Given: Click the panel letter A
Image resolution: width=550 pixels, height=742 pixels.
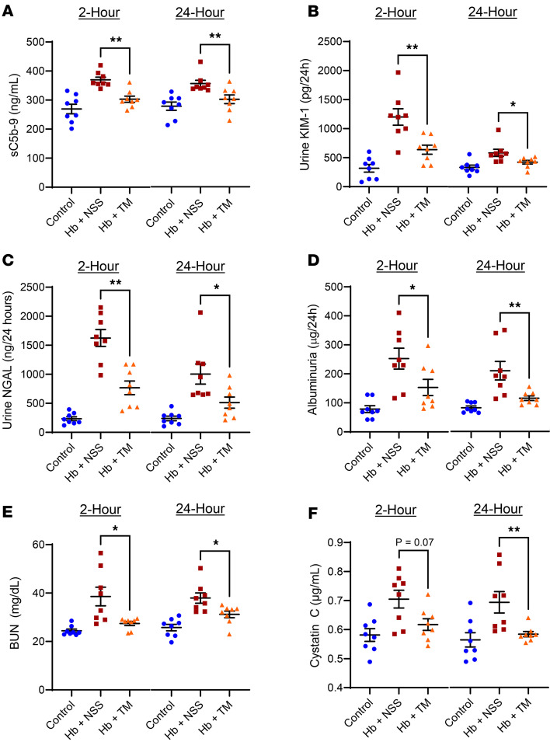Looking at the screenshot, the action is [8, 10].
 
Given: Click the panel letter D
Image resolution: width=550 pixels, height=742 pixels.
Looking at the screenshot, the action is [313, 262].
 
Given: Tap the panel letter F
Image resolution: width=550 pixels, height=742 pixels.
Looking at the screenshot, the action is [312, 513].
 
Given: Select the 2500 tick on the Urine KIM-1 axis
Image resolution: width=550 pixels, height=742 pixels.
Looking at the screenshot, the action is [329, 41].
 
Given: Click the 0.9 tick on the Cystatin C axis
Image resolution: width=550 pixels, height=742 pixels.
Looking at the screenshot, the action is [334, 542].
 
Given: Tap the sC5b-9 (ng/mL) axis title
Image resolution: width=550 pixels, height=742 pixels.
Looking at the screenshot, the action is [15, 114].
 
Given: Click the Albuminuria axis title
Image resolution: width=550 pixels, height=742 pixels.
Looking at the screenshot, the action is [312, 360].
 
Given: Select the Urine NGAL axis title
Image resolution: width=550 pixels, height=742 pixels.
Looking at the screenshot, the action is [8, 360].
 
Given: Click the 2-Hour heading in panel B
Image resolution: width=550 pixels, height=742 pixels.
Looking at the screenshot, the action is [395, 12].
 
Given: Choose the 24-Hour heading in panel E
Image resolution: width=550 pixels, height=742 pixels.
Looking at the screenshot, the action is [200, 509].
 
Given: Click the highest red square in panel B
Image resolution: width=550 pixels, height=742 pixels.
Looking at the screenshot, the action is [398, 72].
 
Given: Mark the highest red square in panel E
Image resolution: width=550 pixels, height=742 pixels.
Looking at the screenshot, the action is [101, 552].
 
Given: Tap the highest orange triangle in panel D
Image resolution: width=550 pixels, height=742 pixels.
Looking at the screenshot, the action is [428, 347].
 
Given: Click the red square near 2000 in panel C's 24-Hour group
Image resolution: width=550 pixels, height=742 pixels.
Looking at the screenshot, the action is [200, 312].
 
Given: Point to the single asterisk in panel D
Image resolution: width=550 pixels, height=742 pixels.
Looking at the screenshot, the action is [412, 287].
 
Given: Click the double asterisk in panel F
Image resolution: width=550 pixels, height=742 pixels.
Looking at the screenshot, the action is [513, 530].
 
